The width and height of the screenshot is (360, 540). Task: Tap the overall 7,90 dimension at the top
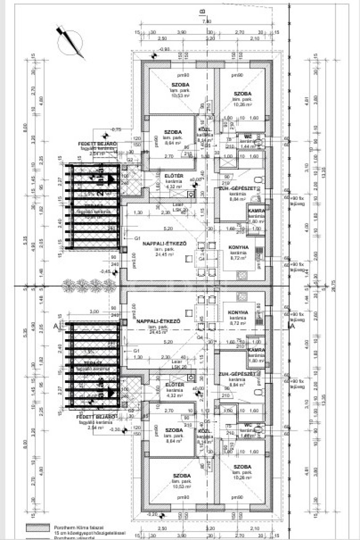point(207,21)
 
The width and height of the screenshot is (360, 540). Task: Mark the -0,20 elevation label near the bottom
point(152,514)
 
